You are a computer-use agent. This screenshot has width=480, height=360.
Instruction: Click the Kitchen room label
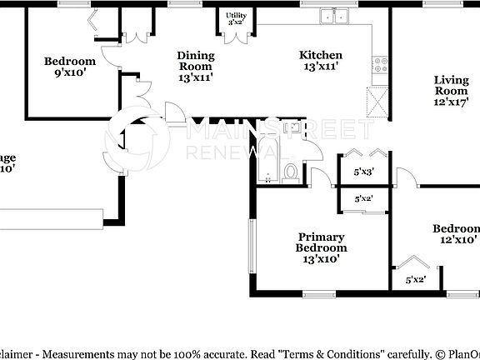click(321, 56)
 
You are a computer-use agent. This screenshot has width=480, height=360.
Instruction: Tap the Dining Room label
click(196, 56)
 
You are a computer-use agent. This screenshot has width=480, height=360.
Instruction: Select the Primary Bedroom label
click(321, 242)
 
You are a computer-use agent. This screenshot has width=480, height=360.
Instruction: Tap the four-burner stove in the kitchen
click(381, 62)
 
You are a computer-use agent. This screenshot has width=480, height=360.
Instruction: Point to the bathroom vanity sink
click(292, 128)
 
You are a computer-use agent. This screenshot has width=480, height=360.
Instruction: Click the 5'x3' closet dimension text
click(363, 172)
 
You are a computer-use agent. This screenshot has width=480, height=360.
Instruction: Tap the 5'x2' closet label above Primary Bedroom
click(363, 199)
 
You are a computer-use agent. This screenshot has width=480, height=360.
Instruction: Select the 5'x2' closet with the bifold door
click(415, 279)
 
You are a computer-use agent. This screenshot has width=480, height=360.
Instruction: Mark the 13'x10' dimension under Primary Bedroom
click(321, 258)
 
